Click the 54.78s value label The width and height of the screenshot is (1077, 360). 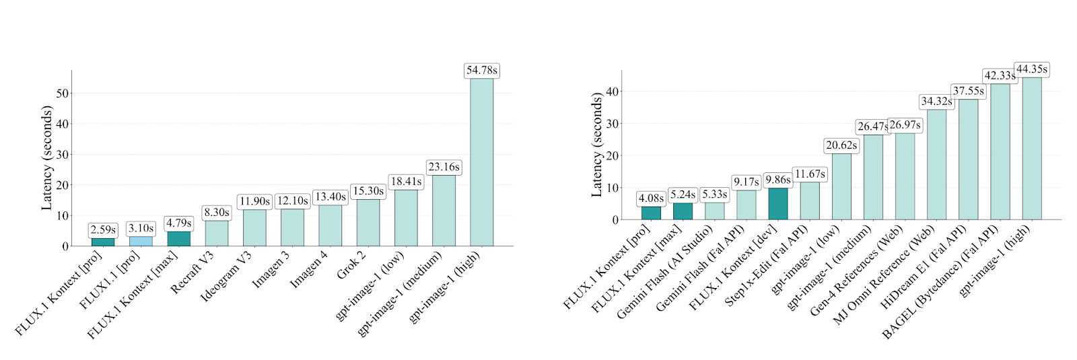(x=481, y=71)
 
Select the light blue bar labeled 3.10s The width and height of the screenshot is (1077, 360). (x=141, y=241)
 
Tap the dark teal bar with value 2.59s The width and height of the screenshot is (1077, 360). (x=103, y=242)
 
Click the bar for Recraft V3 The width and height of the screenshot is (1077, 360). (x=217, y=233)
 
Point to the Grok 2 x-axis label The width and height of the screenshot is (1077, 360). (x=352, y=266)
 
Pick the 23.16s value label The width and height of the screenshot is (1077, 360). (x=444, y=167)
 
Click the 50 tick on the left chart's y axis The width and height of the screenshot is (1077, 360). (x=63, y=93)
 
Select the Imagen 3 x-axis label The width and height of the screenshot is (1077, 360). (x=271, y=271)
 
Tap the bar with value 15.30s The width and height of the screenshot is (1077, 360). (x=368, y=222)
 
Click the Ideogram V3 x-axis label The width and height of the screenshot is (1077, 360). (x=227, y=276)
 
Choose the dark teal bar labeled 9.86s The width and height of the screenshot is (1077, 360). (x=778, y=203)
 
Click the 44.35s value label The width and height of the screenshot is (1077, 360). (x=1031, y=69)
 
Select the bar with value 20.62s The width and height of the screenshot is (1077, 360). (x=841, y=186)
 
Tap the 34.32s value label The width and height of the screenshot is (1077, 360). (x=936, y=102)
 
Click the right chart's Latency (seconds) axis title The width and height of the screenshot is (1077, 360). (x=596, y=145)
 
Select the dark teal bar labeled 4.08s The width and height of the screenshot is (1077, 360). (x=651, y=213)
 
